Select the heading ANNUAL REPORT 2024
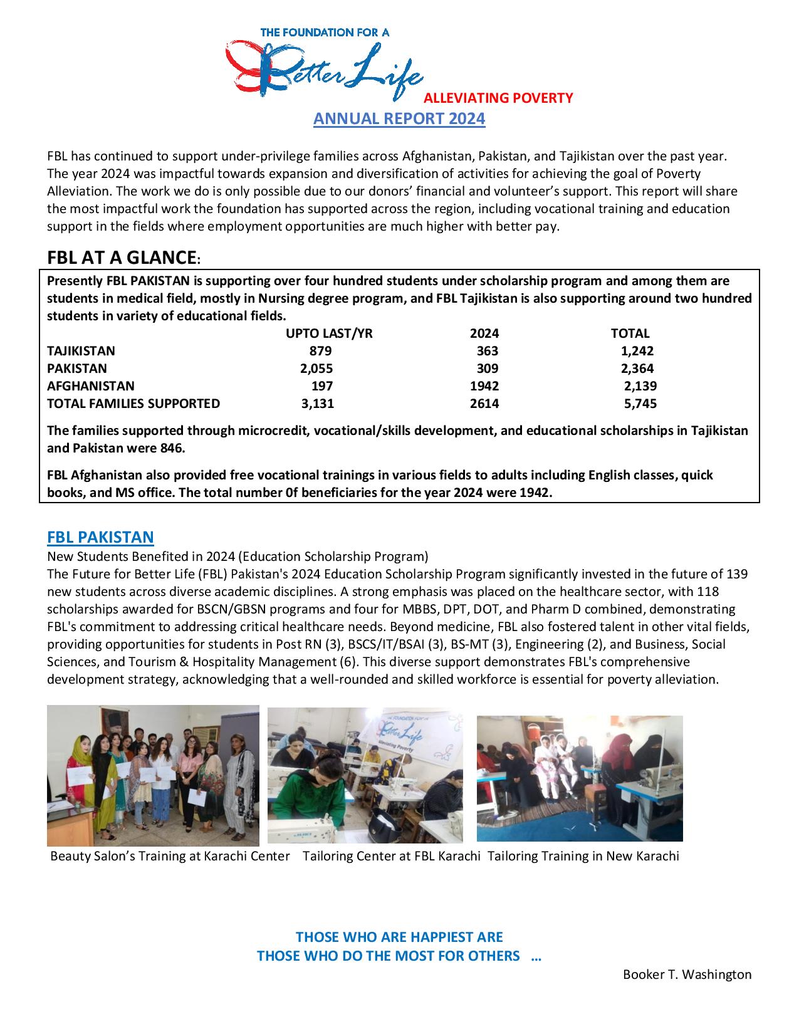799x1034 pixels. (399, 118)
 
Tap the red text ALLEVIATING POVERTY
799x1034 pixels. (498, 98)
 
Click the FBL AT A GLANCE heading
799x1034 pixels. (122, 258)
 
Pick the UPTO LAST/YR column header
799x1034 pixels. (329, 333)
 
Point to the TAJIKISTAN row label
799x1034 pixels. (81, 351)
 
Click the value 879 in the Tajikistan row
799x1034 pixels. (320, 351)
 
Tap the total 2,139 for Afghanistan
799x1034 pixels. (640, 386)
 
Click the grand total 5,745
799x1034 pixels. (640, 404)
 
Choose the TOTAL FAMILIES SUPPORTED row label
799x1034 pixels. (133, 404)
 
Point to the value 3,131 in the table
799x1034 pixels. (317, 404)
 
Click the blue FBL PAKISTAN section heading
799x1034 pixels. (100, 537)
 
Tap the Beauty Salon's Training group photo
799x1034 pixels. (153, 775)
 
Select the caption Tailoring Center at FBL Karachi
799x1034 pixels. (391, 856)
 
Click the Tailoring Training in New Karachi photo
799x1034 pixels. (580, 778)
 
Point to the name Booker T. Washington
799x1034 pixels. (687, 974)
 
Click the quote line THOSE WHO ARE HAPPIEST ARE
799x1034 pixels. (399, 937)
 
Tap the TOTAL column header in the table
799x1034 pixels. (630, 333)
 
